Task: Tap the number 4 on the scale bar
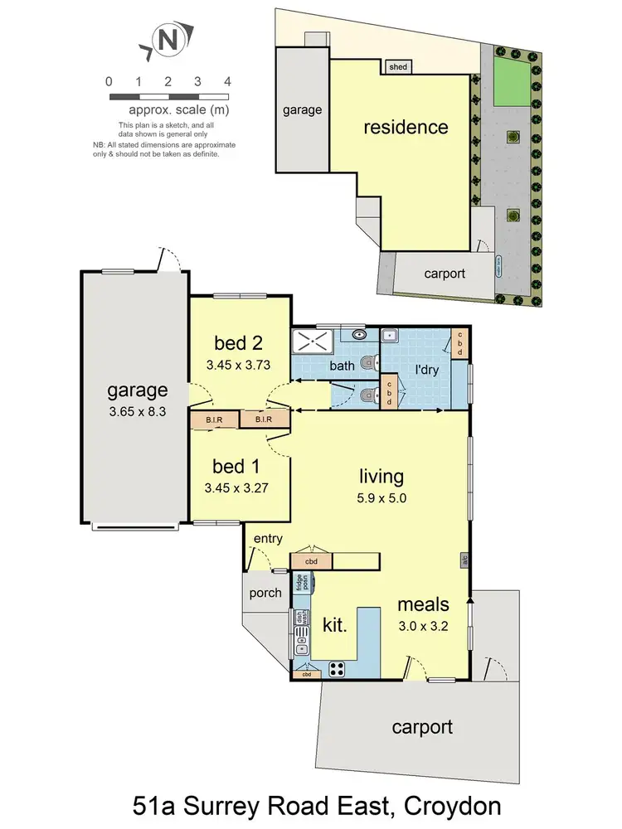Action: click(x=226, y=81)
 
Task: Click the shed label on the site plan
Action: click(x=399, y=67)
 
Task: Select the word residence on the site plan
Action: click(x=406, y=128)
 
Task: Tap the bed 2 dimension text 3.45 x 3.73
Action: click(x=238, y=363)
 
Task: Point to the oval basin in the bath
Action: click(x=358, y=335)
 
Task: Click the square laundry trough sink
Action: click(x=390, y=336)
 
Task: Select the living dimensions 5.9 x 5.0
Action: click(x=381, y=500)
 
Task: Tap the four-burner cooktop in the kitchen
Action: click(x=338, y=669)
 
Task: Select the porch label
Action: click(x=265, y=594)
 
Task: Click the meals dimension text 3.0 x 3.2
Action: click(x=423, y=627)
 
